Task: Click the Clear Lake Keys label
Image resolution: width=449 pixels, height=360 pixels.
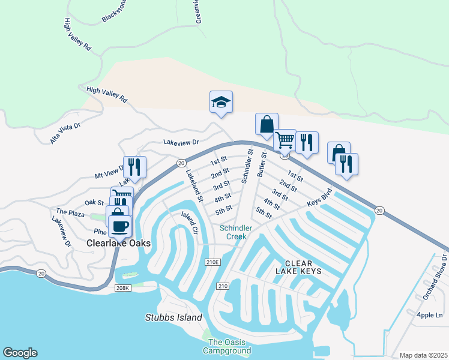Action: [x=303, y=268]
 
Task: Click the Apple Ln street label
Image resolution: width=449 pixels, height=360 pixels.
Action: [x=429, y=314]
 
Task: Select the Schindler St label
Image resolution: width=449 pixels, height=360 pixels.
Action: [x=247, y=167]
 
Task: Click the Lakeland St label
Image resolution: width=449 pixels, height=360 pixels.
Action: [x=194, y=185]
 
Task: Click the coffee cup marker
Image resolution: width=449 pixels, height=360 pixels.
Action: [x=119, y=226]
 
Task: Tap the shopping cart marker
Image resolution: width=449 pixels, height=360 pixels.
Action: [x=285, y=140]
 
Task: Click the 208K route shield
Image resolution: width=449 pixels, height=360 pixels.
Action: [x=122, y=287]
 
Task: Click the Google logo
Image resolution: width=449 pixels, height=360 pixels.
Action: [x=20, y=353]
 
